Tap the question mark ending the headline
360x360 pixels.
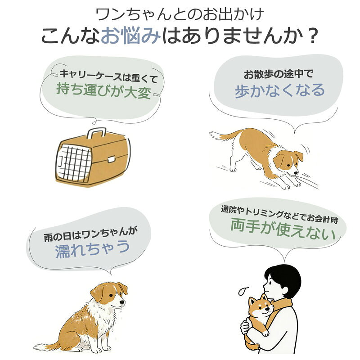tap(312, 36)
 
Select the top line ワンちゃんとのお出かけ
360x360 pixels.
tap(180, 14)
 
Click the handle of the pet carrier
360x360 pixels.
tap(96, 133)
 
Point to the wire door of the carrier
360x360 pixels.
tap(74, 162)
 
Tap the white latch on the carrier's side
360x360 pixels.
tap(111, 159)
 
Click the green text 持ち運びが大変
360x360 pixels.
tap(103, 90)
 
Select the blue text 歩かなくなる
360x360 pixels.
tap(279, 90)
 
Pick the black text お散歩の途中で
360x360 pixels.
tap(279, 74)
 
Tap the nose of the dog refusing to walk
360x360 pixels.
tap(296, 173)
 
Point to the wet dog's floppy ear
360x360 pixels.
tap(98, 293)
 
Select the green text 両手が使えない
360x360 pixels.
tap(283, 229)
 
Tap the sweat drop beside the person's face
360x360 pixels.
tap(243, 291)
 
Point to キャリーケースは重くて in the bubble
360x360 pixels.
tap(108, 76)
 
